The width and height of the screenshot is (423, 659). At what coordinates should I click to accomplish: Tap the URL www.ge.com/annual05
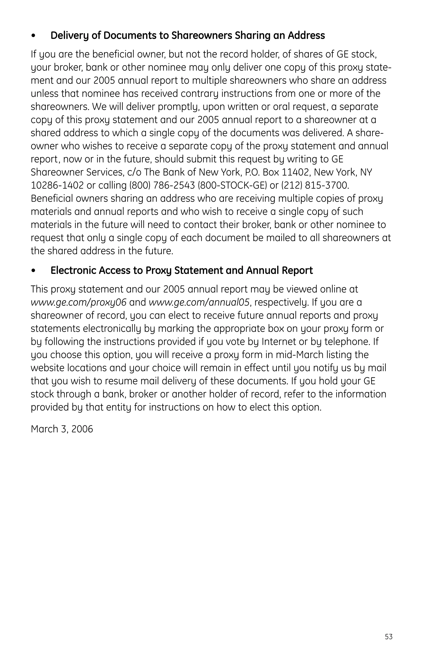(x=199, y=302)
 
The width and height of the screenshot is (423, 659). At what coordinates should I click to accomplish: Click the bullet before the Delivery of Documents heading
(x=33, y=36)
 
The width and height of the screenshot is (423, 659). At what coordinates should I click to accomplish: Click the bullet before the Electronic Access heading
(x=33, y=271)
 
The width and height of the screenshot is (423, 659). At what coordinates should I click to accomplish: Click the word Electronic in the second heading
(x=73, y=271)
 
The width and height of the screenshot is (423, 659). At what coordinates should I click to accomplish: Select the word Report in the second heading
(x=299, y=271)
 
